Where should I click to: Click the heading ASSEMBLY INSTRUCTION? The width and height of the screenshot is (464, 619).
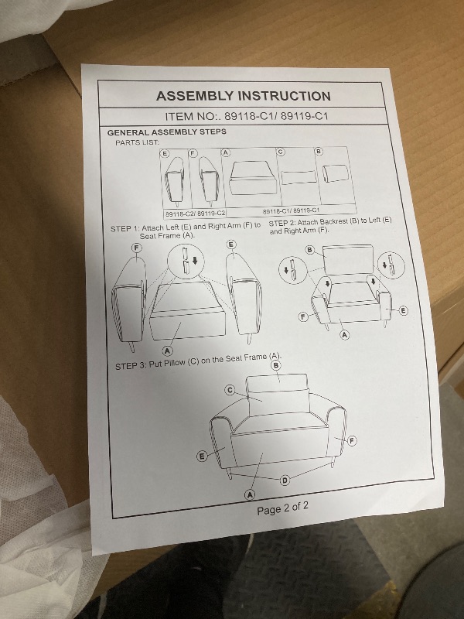pyautogui.click(x=244, y=96)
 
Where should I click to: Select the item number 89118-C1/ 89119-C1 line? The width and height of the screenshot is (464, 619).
pyautogui.click(x=247, y=116)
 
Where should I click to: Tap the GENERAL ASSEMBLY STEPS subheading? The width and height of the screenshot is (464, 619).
pyautogui.click(x=167, y=132)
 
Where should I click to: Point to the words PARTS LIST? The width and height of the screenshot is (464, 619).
pyautogui.click(x=138, y=142)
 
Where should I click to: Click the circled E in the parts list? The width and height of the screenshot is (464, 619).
pyautogui.click(x=164, y=152)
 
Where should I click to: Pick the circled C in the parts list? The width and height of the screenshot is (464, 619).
pyautogui.click(x=281, y=152)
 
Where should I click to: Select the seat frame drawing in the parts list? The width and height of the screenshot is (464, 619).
pyautogui.click(x=249, y=178)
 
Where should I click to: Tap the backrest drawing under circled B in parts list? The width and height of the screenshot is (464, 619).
pyautogui.click(x=336, y=173)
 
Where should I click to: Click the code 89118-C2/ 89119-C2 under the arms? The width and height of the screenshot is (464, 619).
pyautogui.click(x=196, y=214)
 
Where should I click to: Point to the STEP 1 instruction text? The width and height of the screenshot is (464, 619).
pyautogui.click(x=186, y=231)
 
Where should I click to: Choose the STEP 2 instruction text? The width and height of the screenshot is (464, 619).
pyautogui.click(x=330, y=225)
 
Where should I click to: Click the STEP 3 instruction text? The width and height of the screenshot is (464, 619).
pyautogui.click(x=198, y=361)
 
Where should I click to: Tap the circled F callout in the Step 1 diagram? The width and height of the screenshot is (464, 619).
pyautogui.click(x=137, y=248)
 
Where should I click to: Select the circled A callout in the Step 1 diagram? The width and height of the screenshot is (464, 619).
pyautogui.click(x=168, y=351)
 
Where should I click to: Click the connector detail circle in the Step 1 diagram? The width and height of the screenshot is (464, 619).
pyautogui.click(x=187, y=262)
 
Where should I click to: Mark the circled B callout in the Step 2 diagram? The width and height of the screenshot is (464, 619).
pyautogui.click(x=310, y=249)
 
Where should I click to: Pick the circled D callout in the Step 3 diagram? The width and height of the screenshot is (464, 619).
pyautogui.click(x=285, y=480)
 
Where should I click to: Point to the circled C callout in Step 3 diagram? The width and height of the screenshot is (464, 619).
pyautogui.click(x=230, y=390)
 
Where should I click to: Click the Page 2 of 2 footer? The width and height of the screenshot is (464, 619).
pyautogui.click(x=282, y=508)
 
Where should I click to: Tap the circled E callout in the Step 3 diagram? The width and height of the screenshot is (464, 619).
pyautogui.click(x=202, y=457)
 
